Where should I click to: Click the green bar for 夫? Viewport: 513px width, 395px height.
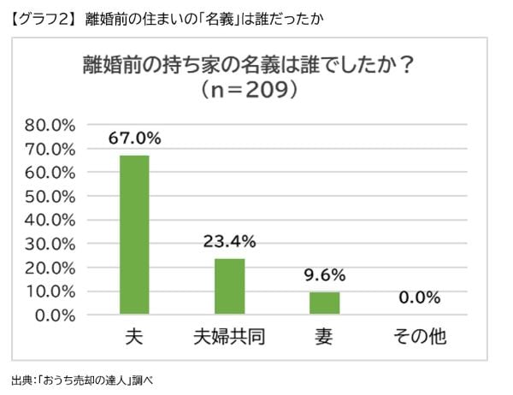click(x=134, y=235)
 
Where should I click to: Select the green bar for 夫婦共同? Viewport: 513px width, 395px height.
click(x=229, y=286)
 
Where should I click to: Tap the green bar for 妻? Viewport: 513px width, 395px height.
click(x=324, y=303)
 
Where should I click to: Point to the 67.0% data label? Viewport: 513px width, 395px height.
click(x=134, y=138)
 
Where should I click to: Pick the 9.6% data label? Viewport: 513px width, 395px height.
click(x=324, y=274)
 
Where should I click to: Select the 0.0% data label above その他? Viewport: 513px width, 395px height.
click(x=419, y=298)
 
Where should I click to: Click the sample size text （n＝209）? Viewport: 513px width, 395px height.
click(x=249, y=90)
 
